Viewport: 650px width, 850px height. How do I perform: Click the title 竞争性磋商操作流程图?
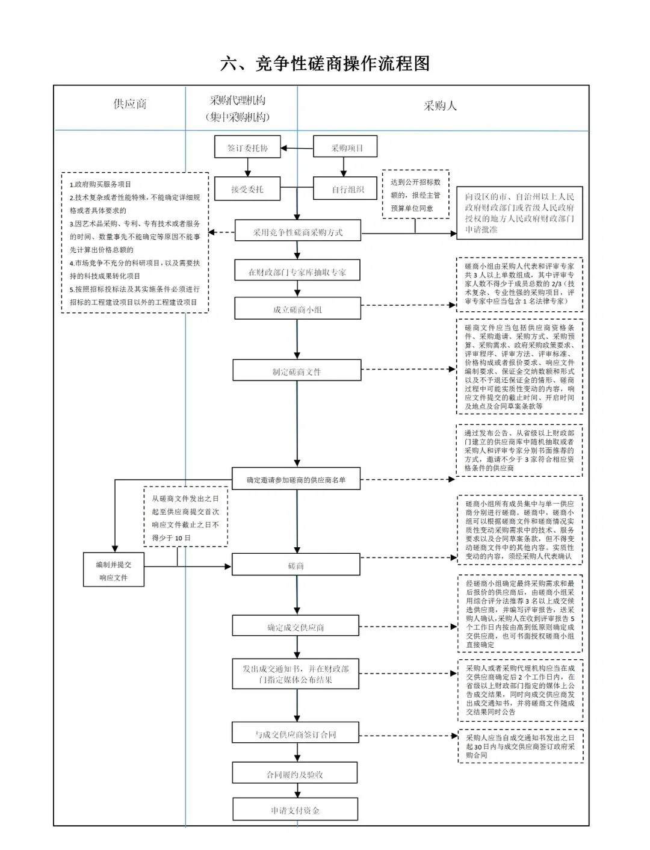(325, 63)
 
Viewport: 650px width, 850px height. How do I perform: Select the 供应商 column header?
(130, 104)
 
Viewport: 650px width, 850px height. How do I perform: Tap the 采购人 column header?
(440, 106)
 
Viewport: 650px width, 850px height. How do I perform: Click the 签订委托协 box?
(247, 147)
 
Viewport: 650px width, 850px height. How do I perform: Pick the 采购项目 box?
(346, 147)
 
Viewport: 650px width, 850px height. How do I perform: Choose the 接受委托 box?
(247, 189)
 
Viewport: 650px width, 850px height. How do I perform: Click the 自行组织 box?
(345, 189)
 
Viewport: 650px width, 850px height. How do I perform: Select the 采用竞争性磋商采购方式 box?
(297, 232)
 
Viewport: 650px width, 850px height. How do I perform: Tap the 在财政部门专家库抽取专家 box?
(297, 271)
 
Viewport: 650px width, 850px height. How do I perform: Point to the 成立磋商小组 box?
(297, 309)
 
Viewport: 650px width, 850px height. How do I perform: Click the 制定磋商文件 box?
(297, 371)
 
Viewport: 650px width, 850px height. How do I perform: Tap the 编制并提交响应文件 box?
(113, 571)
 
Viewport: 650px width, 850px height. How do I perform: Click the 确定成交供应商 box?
(296, 627)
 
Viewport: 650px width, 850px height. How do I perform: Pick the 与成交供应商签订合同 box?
(296, 734)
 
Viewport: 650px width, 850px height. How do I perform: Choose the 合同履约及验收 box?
(296, 774)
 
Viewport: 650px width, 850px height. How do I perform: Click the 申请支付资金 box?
(296, 810)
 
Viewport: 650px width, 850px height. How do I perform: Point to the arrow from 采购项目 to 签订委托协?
(297, 147)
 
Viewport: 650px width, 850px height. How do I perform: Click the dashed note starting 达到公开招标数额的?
(415, 194)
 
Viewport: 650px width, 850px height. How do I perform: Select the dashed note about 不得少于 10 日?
(185, 516)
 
